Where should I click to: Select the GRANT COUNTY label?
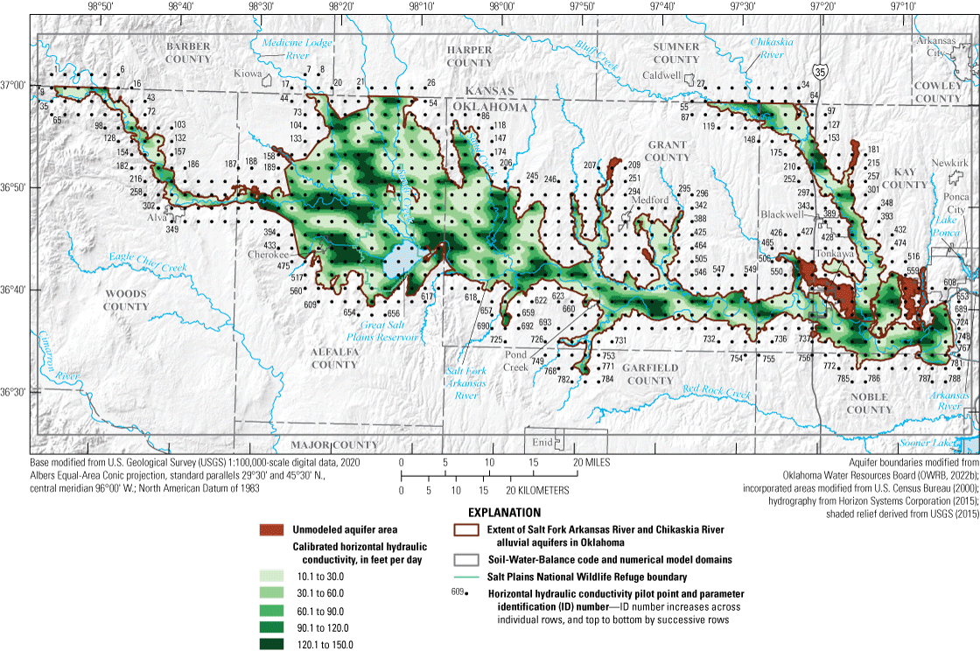(x=668, y=150)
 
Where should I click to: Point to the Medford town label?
(x=650, y=199)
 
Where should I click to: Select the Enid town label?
(x=543, y=442)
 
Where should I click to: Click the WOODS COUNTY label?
(x=126, y=300)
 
